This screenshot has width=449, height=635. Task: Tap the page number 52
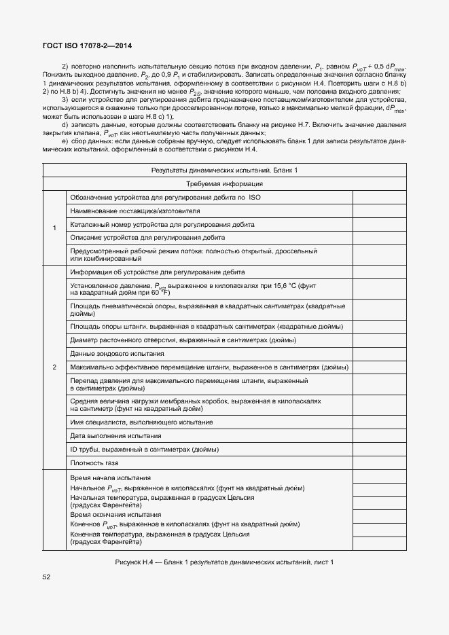(47, 577)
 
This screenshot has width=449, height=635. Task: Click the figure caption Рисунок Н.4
(224, 562)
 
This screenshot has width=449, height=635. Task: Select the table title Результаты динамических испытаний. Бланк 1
(224, 170)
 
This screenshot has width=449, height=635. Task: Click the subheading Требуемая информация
(224, 184)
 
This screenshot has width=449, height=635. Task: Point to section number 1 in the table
(54, 228)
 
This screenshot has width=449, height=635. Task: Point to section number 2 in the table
(54, 367)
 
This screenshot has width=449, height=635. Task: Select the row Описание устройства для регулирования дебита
(147, 238)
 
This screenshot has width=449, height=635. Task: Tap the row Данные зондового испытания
(118, 354)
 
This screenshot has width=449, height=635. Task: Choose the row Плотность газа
(94, 462)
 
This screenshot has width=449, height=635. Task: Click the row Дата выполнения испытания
(115, 435)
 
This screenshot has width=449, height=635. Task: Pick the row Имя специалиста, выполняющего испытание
(141, 422)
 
